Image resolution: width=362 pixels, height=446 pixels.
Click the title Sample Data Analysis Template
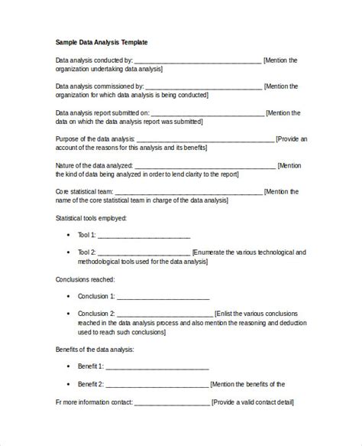click(x=102, y=43)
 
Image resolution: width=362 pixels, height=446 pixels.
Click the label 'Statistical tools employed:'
click(x=91, y=218)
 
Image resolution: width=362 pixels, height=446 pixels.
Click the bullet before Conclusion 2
click(x=70, y=314)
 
